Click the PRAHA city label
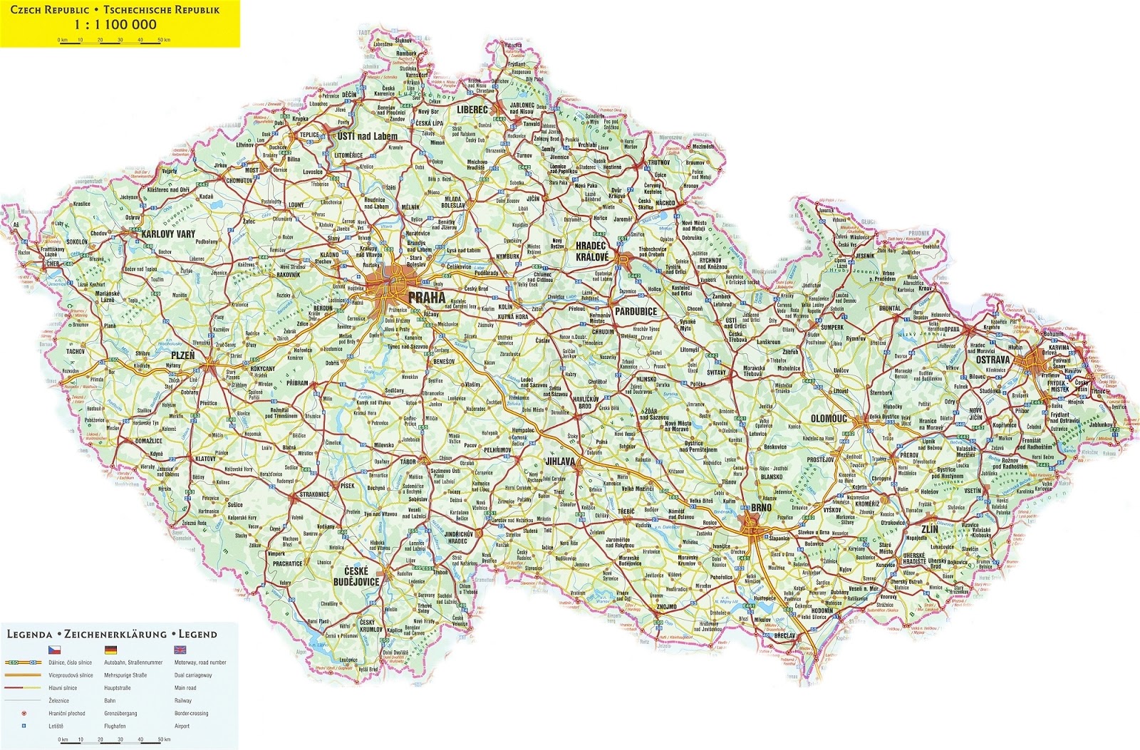426,297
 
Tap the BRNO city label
761,508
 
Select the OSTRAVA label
993,360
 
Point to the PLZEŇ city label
183,355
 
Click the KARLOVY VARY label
168,234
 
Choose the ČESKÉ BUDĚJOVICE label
356,576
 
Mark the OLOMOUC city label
829,419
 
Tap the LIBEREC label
472,110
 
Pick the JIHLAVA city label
559,462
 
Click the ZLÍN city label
929,529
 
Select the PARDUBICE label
636,311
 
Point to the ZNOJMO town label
667,606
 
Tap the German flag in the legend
110,650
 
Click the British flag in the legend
180,650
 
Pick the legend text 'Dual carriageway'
192,675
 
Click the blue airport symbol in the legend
24,726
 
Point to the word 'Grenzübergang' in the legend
120,713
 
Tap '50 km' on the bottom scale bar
164,739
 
